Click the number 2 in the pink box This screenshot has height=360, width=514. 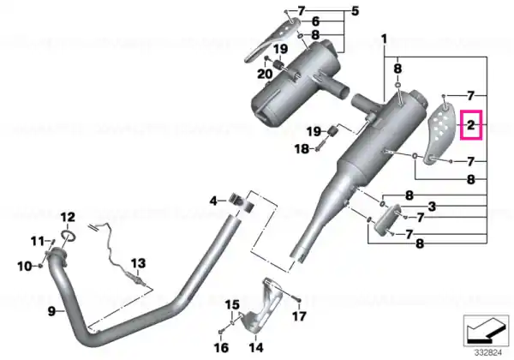tap(470, 125)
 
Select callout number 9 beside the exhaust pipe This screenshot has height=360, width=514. tap(51, 311)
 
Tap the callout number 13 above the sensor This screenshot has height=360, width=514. tap(138, 263)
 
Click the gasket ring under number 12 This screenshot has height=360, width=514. tap(69, 236)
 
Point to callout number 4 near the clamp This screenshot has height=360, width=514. tap(213, 201)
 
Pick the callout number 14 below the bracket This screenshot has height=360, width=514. tap(256, 347)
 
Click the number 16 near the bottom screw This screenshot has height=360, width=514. tap(221, 347)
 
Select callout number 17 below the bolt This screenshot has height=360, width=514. tap(299, 316)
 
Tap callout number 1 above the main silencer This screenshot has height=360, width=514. tap(384, 39)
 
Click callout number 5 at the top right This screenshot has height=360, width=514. tap(355, 11)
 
